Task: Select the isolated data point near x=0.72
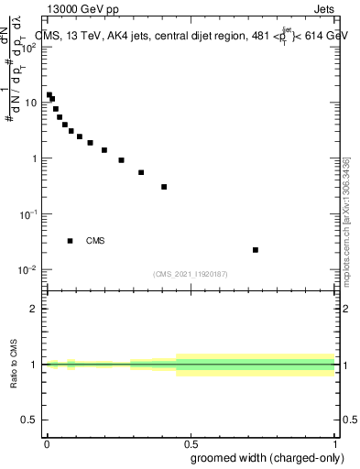click(x=256, y=249)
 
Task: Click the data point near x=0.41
click(x=164, y=187)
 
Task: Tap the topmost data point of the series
click(x=49, y=94)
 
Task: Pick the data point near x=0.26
click(x=121, y=160)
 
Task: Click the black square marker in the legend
click(x=71, y=241)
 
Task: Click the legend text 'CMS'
click(x=95, y=241)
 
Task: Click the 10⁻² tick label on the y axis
click(x=29, y=269)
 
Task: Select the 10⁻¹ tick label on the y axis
click(x=29, y=213)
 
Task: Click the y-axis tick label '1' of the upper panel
click(x=36, y=158)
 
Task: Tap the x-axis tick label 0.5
click(x=191, y=444)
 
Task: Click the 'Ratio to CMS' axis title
click(x=13, y=365)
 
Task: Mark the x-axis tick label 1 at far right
click(x=335, y=444)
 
